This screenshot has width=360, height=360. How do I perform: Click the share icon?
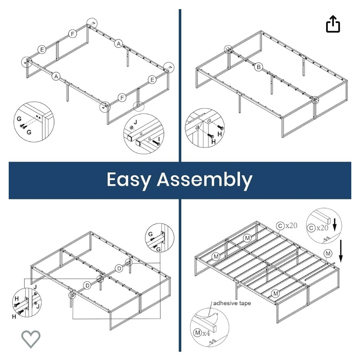point(333,24)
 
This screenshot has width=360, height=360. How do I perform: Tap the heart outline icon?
point(31,339)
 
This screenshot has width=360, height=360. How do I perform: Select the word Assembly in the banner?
point(205,180)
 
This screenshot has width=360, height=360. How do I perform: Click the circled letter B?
point(259,67)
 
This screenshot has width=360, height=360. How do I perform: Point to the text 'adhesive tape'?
point(232,303)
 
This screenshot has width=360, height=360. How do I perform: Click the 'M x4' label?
point(202,333)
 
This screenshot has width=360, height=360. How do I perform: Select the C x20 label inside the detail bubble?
point(318,228)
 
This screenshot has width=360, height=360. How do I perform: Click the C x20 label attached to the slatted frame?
point(287,226)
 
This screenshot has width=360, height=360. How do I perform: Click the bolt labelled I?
point(156,143)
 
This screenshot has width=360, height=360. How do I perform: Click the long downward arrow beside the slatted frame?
point(341,251)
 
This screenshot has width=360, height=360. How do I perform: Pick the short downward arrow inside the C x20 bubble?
point(334,225)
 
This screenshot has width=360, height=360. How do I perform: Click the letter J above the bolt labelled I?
point(135,122)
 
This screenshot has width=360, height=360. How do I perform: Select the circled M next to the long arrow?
point(328,253)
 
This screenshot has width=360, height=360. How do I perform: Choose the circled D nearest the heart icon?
point(87,286)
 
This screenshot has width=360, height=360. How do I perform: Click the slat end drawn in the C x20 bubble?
point(329,220)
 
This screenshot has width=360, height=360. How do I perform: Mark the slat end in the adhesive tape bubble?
point(214,329)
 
